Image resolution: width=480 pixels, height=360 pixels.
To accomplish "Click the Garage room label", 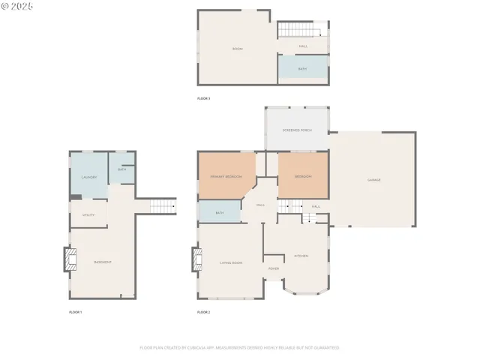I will click(373, 180).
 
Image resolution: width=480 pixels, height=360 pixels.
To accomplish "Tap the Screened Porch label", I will click(296, 130).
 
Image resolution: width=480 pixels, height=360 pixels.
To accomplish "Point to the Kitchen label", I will click(301, 256).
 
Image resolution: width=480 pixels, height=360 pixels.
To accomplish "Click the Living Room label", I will click(231, 262).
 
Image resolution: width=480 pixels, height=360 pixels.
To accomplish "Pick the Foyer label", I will click(274, 268).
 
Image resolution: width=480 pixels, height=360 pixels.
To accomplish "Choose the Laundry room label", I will click(89, 177).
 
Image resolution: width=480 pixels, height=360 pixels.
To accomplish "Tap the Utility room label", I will click(88, 214).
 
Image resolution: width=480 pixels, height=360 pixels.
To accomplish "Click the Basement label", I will click(103, 262).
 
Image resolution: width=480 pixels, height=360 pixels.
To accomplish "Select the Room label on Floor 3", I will click(237, 49).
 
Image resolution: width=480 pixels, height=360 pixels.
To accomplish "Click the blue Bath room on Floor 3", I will click(303, 68).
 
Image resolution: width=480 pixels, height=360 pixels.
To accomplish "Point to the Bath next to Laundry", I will click(121, 169).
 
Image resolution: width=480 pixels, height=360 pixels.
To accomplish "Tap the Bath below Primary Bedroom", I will click(220, 213).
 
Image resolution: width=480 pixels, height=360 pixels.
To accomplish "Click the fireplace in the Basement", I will click(70, 260).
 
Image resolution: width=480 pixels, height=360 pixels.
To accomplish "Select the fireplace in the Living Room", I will click(198, 260).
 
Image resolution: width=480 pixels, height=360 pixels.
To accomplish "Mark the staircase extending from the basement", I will click(161, 205).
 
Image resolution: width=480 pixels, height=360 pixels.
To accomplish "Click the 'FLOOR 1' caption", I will click(75, 311).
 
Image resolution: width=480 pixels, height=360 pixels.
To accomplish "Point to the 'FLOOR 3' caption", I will click(203, 98).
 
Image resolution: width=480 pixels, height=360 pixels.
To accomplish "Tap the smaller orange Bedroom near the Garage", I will click(303, 176).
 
